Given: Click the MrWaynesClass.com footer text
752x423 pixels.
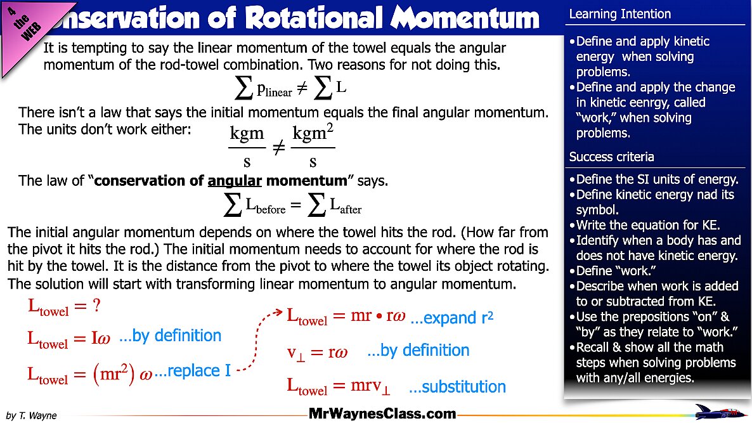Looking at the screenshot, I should pyautogui.click(x=382, y=414).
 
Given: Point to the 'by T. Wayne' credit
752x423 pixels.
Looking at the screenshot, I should pyautogui.click(x=31, y=416).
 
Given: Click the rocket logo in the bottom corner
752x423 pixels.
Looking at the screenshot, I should pyautogui.click(x=720, y=412).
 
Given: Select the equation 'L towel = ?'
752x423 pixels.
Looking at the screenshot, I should pyautogui.click(x=64, y=307).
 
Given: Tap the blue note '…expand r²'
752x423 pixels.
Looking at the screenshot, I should pyautogui.click(x=451, y=318).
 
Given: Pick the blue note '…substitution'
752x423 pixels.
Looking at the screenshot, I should pyautogui.click(x=457, y=387).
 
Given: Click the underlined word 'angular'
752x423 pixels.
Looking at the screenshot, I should pyautogui.click(x=235, y=181).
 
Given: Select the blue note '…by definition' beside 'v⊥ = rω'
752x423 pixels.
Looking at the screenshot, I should pyautogui.click(x=418, y=350).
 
